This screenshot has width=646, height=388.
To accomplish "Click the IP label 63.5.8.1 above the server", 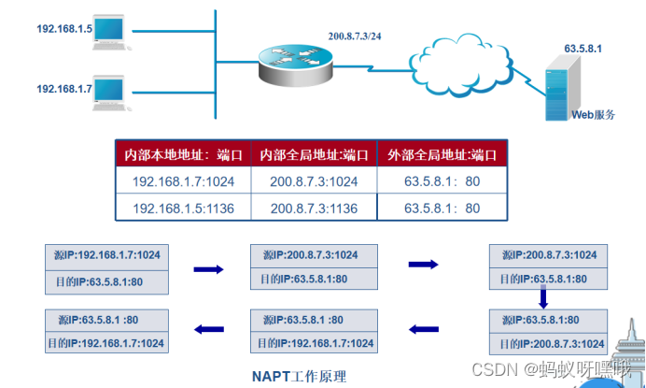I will tap(583, 46).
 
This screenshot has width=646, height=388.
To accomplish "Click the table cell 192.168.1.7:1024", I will tap(183, 181).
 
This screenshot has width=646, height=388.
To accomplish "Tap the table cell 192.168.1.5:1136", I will tap(183, 208).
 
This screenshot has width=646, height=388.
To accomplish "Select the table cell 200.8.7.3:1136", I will tap(314, 208).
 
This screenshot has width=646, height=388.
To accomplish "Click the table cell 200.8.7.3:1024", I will tap(314, 181).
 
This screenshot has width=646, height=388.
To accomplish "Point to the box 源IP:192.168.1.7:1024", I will tap(105, 254).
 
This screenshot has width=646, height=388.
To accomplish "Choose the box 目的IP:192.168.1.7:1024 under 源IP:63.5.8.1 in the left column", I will tap(105, 343).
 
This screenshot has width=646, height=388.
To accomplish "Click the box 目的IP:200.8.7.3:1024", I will tap(549, 343).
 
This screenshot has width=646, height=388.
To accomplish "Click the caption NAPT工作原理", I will tap(299, 376).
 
